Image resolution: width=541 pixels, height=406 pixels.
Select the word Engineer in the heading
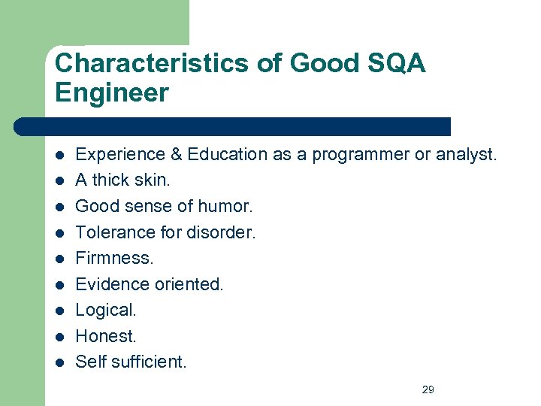tap(112, 93)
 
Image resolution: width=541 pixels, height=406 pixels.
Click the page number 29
tap(428, 389)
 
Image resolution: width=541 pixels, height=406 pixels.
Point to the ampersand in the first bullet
tap(177, 155)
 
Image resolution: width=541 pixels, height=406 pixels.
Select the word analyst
tap(466, 155)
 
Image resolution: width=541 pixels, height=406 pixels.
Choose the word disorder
tap(225, 232)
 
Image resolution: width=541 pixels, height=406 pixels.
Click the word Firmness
tap(114, 258)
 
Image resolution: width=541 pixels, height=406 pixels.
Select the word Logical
tap(106, 310)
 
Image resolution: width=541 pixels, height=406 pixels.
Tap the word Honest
tap(106, 336)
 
